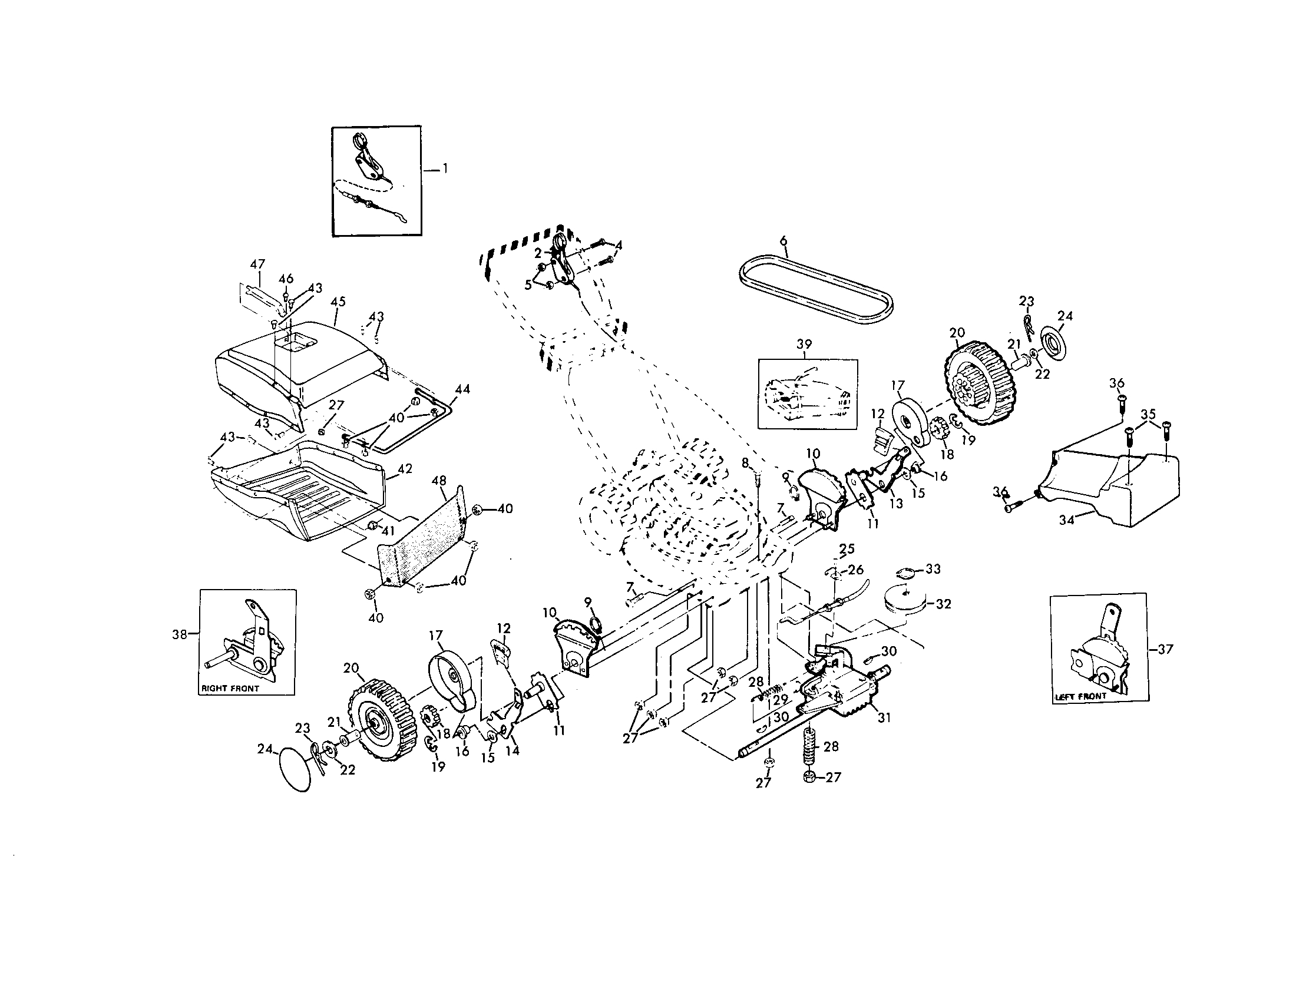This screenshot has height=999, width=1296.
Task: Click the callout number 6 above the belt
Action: click(x=783, y=240)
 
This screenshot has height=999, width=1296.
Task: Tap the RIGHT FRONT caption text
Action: click(x=230, y=689)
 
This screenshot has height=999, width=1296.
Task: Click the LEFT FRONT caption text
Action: click(x=1080, y=696)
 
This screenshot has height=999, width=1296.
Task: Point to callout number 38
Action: click(x=179, y=634)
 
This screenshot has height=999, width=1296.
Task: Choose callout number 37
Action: click(x=1165, y=649)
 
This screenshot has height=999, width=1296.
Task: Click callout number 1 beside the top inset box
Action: click(x=445, y=169)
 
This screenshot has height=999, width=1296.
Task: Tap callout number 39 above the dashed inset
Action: click(x=804, y=345)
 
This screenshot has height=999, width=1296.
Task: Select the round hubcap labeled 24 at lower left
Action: click(x=294, y=768)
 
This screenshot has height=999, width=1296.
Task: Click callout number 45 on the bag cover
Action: click(x=338, y=302)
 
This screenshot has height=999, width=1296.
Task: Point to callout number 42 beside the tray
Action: click(x=405, y=469)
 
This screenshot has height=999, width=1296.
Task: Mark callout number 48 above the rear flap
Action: click(x=439, y=481)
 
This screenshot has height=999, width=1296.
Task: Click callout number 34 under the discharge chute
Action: click(x=1066, y=521)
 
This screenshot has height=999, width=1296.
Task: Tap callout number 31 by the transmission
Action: click(x=884, y=718)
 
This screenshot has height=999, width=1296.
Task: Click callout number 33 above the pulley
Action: click(x=933, y=569)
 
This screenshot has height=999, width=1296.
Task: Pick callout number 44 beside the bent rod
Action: click(x=462, y=389)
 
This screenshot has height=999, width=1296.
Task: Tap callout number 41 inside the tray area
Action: click(x=388, y=531)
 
